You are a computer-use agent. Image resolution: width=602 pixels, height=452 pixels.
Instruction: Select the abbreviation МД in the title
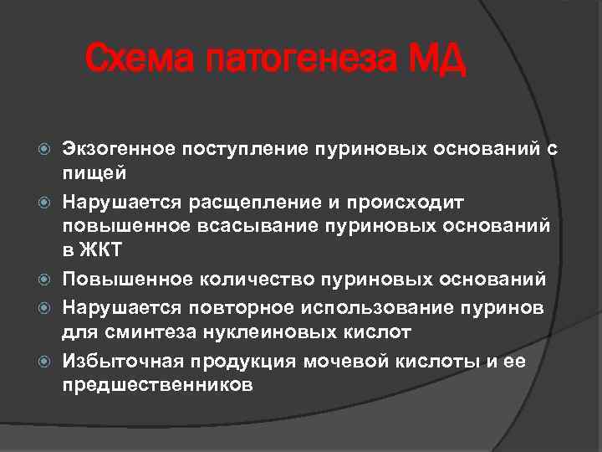click(436, 59)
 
